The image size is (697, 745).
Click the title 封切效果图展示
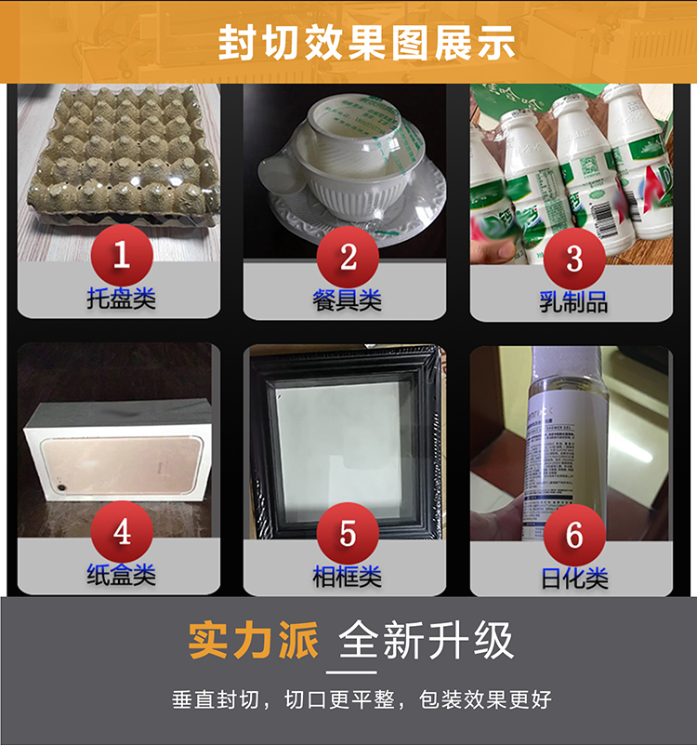[x=366, y=42]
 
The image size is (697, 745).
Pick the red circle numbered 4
[x=121, y=532]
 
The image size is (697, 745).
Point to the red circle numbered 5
[x=348, y=533]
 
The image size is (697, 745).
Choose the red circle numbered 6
[x=574, y=535]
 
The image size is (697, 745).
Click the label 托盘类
[x=121, y=299]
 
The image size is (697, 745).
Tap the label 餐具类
[x=348, y=300]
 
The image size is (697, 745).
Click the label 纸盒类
[x=121, y=575]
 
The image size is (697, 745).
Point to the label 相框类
[x=348, y=577]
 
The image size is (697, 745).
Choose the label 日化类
[x=574, y=578]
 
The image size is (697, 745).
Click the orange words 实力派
[x=253, y=641]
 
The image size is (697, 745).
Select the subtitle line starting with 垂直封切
[x=362, y=699]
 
